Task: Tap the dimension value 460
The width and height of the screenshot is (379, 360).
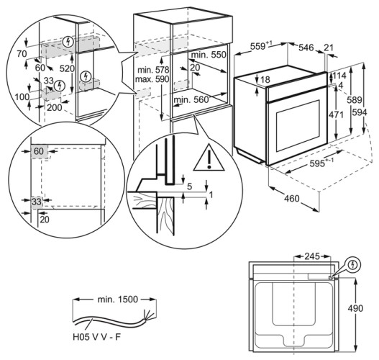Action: click(x=292, y=199)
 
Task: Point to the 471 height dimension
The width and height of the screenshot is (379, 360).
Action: click(x=336, y=114)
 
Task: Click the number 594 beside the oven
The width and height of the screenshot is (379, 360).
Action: click(x=360, y=112)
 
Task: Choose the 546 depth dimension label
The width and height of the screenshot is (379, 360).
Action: click(x=306, y=48)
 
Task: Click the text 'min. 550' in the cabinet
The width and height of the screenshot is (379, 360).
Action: click(x=209, y=55)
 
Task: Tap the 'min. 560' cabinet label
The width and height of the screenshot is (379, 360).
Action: click(x=191, y=99)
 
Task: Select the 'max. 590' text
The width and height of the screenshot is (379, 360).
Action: click(x=152, y=79)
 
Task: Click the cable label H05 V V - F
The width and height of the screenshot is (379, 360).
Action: click(x=96, y=337)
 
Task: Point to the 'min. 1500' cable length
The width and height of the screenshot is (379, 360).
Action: click(x=118, y=300)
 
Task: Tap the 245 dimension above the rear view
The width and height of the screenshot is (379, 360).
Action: click(x=312, y=256)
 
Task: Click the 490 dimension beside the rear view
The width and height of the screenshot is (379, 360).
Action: click(x=355, y=308)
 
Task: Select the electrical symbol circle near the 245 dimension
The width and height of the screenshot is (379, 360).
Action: click(x=353, y=265)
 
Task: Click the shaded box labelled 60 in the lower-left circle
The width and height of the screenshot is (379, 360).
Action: click(x=39, y=152)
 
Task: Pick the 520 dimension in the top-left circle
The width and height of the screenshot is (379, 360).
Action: click(x=67, y=68)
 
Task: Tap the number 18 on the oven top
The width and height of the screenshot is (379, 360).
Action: click(x=265, y=79)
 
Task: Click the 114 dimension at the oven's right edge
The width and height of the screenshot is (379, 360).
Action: click(x=339, y=76)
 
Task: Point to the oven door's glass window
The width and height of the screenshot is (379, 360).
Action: click(x=298, y=126)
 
